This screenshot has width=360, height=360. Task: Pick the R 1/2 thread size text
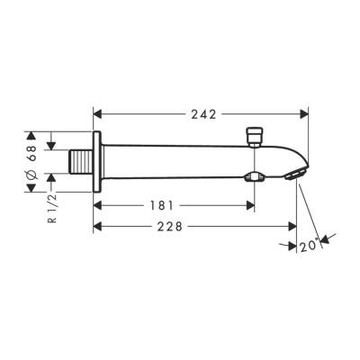point(51,206)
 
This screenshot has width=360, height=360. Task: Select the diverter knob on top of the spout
point(255,135)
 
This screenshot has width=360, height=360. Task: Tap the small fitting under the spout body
point(256,176)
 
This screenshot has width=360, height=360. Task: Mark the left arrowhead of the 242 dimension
point(99,114)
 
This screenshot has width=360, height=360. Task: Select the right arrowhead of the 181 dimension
point(251,204)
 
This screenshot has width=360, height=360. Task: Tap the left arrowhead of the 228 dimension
point(99,228)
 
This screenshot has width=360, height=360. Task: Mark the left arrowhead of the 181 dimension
point(99,204)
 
